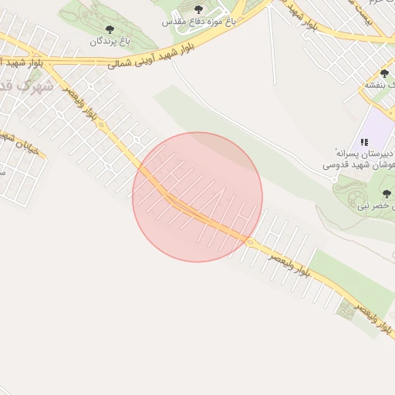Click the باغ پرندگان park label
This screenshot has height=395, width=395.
(x=107, y=41)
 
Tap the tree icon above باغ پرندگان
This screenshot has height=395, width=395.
(x=109, y=29)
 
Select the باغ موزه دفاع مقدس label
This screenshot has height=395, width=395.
(x=198, y=22)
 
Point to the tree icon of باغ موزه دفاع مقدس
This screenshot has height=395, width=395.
(x=198, y=10)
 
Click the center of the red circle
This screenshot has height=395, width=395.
(x=197, y=197)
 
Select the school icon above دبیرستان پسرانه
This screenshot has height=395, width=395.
(x=364, y=142)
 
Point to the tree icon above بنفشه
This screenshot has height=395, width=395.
(x=385, y=74)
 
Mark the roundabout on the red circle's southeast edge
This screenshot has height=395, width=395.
(x=250, y=241)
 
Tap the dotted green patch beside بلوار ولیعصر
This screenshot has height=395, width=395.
(x=346, y=309)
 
